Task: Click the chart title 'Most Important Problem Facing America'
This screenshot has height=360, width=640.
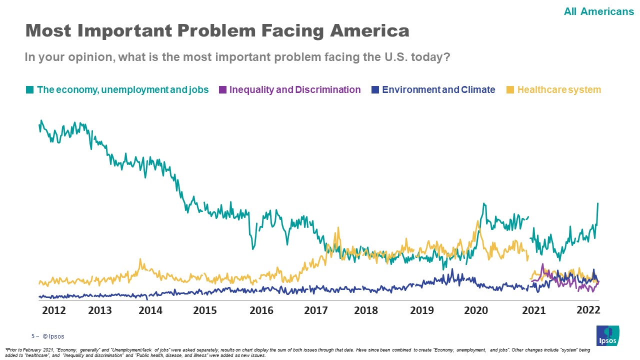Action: [x=217, y=31]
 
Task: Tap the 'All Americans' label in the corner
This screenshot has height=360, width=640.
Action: [x=598, y=11]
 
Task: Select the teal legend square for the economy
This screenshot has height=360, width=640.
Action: [x=29, y=90]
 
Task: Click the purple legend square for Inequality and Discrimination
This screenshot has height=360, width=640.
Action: [x=222, y=90]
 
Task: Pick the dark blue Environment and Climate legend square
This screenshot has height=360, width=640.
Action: [x=375, y=90]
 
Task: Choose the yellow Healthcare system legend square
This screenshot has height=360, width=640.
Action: [x=510, y=90]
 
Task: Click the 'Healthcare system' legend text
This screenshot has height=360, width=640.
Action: [x=559, y=90]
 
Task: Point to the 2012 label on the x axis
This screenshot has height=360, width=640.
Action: [x=54, y=310]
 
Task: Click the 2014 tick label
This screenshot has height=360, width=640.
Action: [x=150, y=310]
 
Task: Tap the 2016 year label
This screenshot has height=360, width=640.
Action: [x=261, y=310]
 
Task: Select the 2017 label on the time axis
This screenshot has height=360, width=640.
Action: [x=316, y=310]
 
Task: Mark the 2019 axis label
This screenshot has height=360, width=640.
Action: [x=422, y=310]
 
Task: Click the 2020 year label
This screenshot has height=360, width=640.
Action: [x=476, y=310]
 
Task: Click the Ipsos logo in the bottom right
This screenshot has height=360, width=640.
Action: [x=607, y=335]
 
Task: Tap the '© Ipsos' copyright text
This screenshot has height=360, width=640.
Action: [x=53, y=336]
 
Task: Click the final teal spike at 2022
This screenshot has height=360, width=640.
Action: [x=598, y=204]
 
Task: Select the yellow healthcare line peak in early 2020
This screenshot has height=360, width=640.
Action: [x=478, y=221]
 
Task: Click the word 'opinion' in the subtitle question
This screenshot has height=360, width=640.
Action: [x=97, y=57]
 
